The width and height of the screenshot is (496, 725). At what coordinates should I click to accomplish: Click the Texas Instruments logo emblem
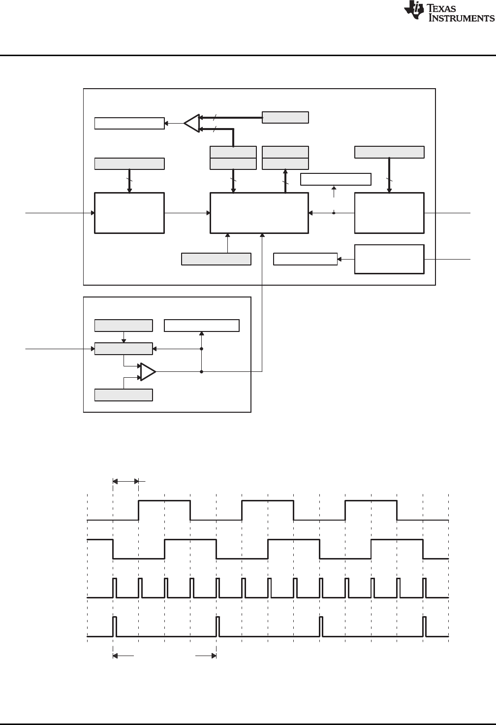(413, 11)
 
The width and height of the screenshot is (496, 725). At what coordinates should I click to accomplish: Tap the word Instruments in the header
(463, 18)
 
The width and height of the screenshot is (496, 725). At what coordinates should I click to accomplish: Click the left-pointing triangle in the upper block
(192, 123)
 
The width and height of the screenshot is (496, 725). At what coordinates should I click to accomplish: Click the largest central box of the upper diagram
(259, 213)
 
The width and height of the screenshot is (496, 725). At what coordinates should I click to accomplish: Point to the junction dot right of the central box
(334, 213)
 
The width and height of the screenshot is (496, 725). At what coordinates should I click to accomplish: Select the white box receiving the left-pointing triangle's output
(129, 123)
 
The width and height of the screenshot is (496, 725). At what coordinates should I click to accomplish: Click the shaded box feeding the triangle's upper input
(285, 117)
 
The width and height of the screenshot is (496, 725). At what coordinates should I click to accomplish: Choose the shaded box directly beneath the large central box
(217, 259)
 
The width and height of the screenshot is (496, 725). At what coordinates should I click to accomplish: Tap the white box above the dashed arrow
(336, 179)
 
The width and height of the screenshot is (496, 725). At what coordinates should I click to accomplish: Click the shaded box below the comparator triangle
(124, 395)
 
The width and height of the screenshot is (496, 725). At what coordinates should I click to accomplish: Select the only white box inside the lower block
(202, 326)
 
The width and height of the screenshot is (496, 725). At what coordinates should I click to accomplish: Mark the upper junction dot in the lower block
(202, 349)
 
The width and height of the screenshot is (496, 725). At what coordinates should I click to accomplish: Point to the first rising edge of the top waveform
(139, 510)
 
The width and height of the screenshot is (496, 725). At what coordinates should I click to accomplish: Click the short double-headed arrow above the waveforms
(126, 481)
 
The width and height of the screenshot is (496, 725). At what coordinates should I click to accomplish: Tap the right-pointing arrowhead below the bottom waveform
(214, 656)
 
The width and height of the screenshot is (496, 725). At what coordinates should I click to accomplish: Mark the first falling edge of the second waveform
(113, 549)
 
